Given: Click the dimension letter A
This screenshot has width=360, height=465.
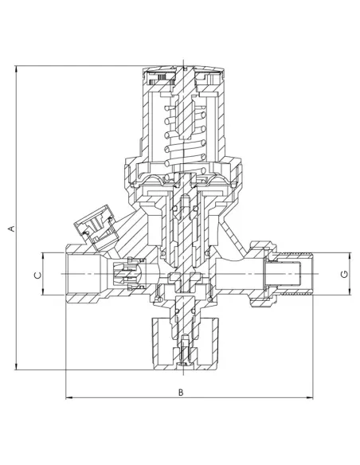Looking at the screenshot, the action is [x=12, y=229].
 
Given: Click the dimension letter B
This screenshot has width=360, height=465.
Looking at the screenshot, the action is [x=181, y=392].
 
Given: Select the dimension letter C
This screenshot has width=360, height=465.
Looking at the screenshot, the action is [x=38, y=275].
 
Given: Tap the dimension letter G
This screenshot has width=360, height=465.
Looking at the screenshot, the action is [x=344, y=275].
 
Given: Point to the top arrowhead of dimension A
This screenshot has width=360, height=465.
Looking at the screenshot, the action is [x=16, y=68].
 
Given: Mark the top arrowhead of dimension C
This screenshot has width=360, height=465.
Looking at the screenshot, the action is [x=43, y=256].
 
